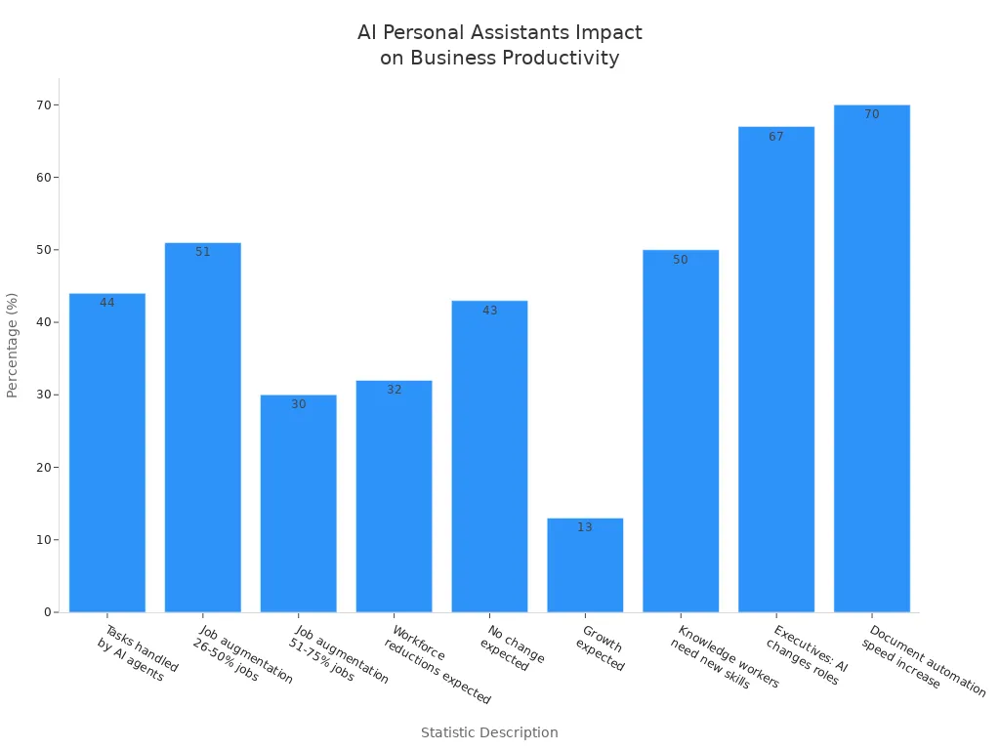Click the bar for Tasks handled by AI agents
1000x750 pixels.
click(x=107, y=453)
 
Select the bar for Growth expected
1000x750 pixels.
click(x=585, y=565)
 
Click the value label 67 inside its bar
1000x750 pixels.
click(x=776, y=137)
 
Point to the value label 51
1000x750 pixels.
click(x=203, y=252)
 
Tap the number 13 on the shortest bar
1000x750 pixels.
click(x=585, y=527)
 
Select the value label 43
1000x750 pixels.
click(x=489, y=311)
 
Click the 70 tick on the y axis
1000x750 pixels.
click(x=44, y=104)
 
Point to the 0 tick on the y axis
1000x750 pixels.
click(x=48, y=612)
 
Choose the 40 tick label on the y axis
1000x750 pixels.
click(x=44, y=322)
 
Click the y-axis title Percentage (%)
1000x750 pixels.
click(x=13, y=345)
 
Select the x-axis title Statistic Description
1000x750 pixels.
click(x=489, y=732)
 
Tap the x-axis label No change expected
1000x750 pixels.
click(x=510, y=648)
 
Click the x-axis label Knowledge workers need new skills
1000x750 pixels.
click(x=723, y=658)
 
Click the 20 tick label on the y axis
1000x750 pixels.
click(x=44, y=467)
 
